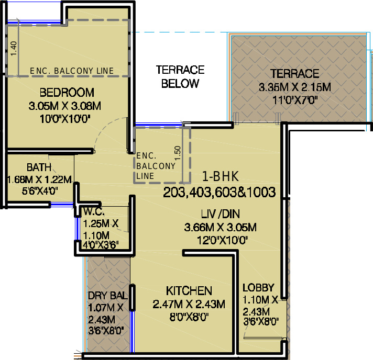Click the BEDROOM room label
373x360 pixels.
coord(67,93)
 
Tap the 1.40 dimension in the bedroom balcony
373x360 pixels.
coord(14,49)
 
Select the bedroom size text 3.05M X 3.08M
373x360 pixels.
coord(65,106)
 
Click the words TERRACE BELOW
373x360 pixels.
coord(180,76)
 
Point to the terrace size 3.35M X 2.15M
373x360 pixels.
coord(295,87)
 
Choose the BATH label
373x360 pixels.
coord(39,167)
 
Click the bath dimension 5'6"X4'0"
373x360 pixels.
coord(40,191)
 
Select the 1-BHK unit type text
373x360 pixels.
coord(220,176)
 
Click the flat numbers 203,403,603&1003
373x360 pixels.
coord(220,192)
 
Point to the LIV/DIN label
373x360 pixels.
coord(220,214)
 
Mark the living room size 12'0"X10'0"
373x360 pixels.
coord(223,240)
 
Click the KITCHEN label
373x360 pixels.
coord(189,291)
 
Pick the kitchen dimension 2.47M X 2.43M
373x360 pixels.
coord(189,304)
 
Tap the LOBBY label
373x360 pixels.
coord(258,288)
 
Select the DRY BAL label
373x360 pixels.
coord(108,296)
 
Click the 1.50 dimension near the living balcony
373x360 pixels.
coord(178,153)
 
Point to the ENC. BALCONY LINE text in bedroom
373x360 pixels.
coord(72,71)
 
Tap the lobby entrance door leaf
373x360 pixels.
coord(263,337)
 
